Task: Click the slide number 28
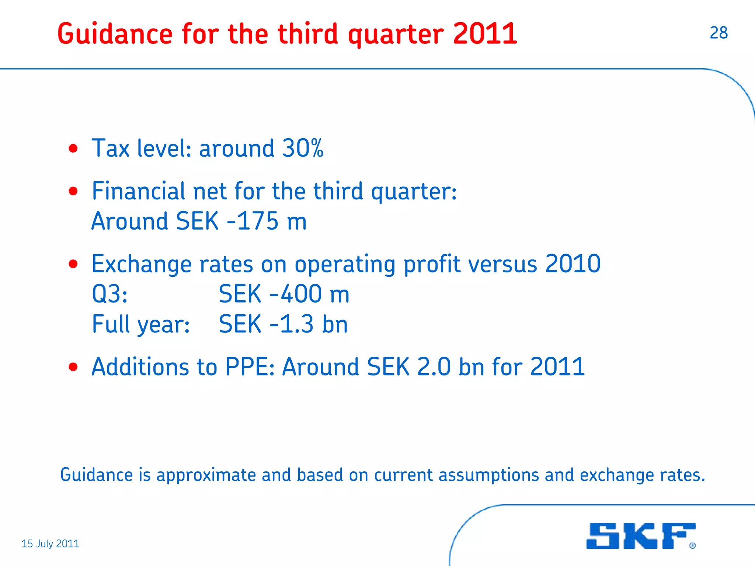719,33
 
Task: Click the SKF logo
641,536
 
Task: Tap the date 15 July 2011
50,544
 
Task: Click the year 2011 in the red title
485,34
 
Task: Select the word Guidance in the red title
115,34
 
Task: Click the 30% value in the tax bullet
303,148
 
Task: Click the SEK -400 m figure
284,294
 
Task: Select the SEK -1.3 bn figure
283,324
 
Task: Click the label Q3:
109,294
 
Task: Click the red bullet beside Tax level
73,149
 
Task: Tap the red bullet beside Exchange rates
73,264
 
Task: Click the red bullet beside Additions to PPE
73,367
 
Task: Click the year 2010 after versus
573,264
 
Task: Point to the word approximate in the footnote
206,475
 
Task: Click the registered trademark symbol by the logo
692,546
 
